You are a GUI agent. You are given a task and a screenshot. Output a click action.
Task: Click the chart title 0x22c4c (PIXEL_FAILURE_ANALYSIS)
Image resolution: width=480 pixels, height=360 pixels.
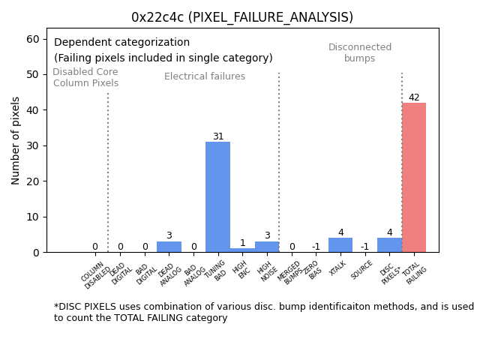[x=242, y=17]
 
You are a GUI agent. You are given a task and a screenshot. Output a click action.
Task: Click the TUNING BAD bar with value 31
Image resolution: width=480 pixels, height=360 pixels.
[x=217, y=197]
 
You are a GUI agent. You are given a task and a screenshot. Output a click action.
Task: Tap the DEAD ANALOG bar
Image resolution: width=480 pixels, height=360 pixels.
[x=169, y=247]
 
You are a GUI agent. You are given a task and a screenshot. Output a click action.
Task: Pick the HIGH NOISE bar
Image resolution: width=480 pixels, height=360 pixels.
[x=267, y=247]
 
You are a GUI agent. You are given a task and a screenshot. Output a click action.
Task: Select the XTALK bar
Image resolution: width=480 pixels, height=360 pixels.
[x=340, y=245]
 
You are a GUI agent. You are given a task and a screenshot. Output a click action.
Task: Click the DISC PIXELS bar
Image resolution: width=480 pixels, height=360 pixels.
[x=389, y=245]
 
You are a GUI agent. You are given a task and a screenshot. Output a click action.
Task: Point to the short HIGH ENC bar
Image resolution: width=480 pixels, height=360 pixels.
[x=242, y=250]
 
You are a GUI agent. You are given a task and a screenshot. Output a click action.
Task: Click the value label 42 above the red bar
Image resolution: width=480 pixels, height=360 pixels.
[x=414, y=97]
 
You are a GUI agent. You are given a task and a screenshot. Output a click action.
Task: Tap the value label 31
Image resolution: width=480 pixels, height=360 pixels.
[x=217, y=136]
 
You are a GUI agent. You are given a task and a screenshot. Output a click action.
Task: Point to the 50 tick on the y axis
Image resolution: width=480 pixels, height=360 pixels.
[x=34, y=74]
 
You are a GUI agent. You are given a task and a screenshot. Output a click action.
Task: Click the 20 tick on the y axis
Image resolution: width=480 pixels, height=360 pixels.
[x=34, y=181]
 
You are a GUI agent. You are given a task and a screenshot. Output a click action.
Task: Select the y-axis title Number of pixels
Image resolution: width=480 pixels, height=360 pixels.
[x=16, y=140]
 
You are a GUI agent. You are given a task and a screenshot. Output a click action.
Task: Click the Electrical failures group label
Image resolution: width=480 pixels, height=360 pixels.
[x=205, y=76]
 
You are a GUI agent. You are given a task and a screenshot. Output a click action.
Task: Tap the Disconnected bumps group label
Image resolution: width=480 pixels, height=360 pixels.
[x=360, y=52]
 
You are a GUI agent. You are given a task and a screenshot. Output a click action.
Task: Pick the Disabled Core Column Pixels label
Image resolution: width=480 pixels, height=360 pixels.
[x=85, y=77]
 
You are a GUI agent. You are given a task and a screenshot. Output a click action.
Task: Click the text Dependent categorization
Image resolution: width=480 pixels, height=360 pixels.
[x=121, y=43]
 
